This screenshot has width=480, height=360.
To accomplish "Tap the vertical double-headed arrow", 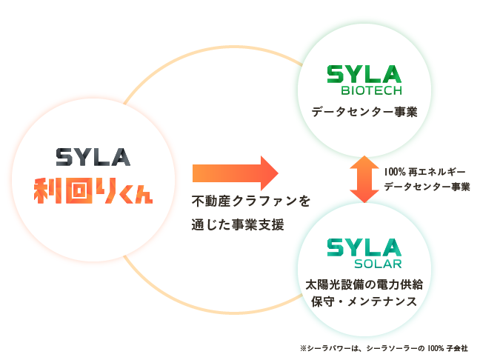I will pos(364,179).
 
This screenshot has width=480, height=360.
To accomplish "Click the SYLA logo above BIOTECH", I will pos(364,73).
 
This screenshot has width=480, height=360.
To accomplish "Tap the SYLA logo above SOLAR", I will pos(364,247).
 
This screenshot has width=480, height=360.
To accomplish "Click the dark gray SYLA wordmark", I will pos(93,158).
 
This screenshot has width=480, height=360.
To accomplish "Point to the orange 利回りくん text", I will pos(93,190).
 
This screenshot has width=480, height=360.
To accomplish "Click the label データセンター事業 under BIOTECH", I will pos(364,113).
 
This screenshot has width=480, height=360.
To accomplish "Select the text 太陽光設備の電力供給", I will pos(364,284).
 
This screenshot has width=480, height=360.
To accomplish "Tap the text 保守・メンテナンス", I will pos(364,301).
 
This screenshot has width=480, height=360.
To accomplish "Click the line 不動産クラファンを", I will pos(250,201).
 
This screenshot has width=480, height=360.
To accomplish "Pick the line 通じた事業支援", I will pos(238,225).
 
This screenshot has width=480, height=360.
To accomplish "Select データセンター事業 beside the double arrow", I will pos(427,187).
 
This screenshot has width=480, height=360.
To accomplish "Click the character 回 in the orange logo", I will pos(78,190).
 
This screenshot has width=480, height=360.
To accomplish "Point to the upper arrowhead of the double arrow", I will pos(364,162).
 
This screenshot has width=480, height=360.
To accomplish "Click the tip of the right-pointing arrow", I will pos(276,173).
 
